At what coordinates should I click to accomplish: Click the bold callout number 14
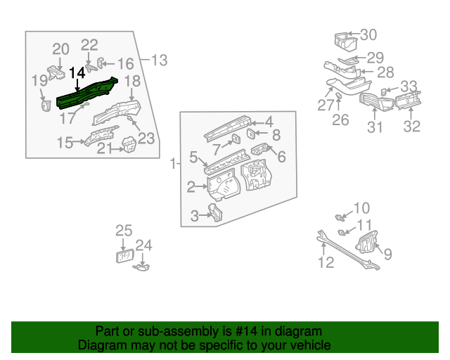click(77, 72)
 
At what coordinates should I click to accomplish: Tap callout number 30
click(368, 34)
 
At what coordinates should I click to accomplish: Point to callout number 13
click(159, 60)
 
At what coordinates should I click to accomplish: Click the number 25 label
click(124, 230)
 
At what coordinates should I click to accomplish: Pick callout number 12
click(326, 263)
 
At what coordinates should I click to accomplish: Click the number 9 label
click(387, 254)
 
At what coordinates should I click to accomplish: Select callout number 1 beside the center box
click(174, 164)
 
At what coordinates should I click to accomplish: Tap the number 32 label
click(411, 127)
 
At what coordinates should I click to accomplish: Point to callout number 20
click(61, 49)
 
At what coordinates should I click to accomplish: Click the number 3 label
click(195, 217)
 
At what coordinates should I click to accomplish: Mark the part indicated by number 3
click(214, 212)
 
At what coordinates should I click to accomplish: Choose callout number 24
click(143, 245)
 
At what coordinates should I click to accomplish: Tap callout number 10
click(361, 208)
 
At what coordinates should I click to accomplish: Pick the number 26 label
click(340, 120)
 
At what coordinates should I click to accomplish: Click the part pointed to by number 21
click(128, 145)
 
